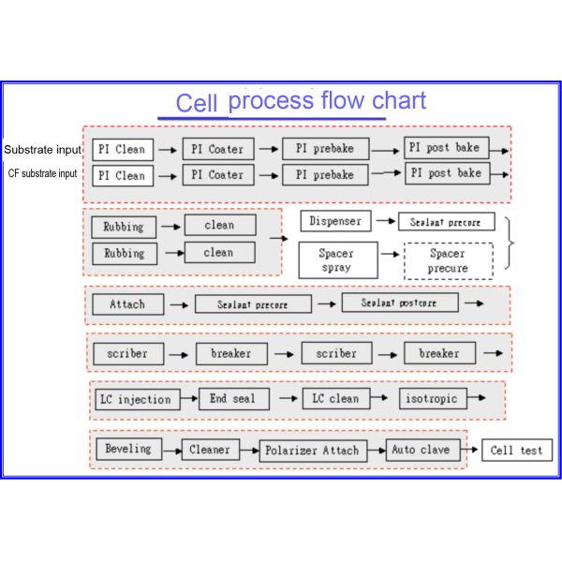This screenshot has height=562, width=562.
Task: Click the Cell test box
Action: [x=517, y=451]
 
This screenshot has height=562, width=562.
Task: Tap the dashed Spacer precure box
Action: [x=447, y=259]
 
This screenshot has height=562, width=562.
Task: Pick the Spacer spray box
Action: [x=336, y=259]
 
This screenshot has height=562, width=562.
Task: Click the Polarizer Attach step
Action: [x=321, y=451]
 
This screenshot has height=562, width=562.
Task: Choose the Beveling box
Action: [x=128, y=449]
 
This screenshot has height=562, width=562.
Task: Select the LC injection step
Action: [x=135, y=399]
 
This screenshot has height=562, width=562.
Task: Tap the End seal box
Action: [x=232, y=399]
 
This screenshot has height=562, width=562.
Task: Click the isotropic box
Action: [x=432, y=399]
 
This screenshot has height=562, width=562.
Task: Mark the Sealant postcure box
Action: [x=400, y=303]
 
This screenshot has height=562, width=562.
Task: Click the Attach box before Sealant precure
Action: [x=127, y=304]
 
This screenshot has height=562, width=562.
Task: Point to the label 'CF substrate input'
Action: [x=43, y=174]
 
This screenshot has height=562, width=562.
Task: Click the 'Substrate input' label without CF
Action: [x=42, y=150]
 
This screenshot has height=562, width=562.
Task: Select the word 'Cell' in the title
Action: [x=197, y=102]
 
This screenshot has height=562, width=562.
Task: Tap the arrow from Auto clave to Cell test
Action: [x=471, y=451]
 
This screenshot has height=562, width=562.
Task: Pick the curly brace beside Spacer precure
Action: [x=509, y=242]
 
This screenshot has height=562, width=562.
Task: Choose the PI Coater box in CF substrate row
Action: [x=217, y=175]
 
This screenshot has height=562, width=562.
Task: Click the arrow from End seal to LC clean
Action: [x=286, y=399]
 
